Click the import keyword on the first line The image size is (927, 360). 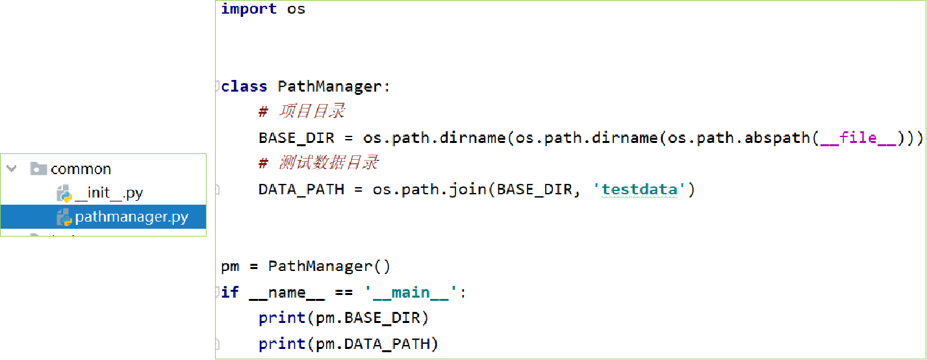pyautogui.click(x=249, y=9)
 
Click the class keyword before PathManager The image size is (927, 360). pyautogui.click(x=244, y=86)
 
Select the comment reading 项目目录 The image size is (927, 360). pyautogui.click(x=312, y=112)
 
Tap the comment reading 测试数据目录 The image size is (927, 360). pyautogui.click(x=329, y=163)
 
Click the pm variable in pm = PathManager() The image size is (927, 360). pyautogui.click(x=230, y=266)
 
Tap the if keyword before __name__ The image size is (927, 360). pyautogui.click(x=230, y=292)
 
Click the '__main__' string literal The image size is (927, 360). pyautogui.click(x=411, y=292)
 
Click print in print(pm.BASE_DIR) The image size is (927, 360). pyautogui.click(x=282, y=318)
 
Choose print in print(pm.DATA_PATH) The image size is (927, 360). pyautogui.click(x=282, y=344)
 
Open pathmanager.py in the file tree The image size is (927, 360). pyautogui.click(x=131, y=217)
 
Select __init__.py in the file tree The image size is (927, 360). pyautogui.click(x=108, y=193)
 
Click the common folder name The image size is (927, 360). pyautogui.click(x=81, y=169)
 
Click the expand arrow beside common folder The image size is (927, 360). pyautogui.click(x=11, y=169)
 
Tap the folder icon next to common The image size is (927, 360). pyautogui.click(x=38, y=169)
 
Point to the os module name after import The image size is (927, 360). pyautogui.click(x=296, y=9)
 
